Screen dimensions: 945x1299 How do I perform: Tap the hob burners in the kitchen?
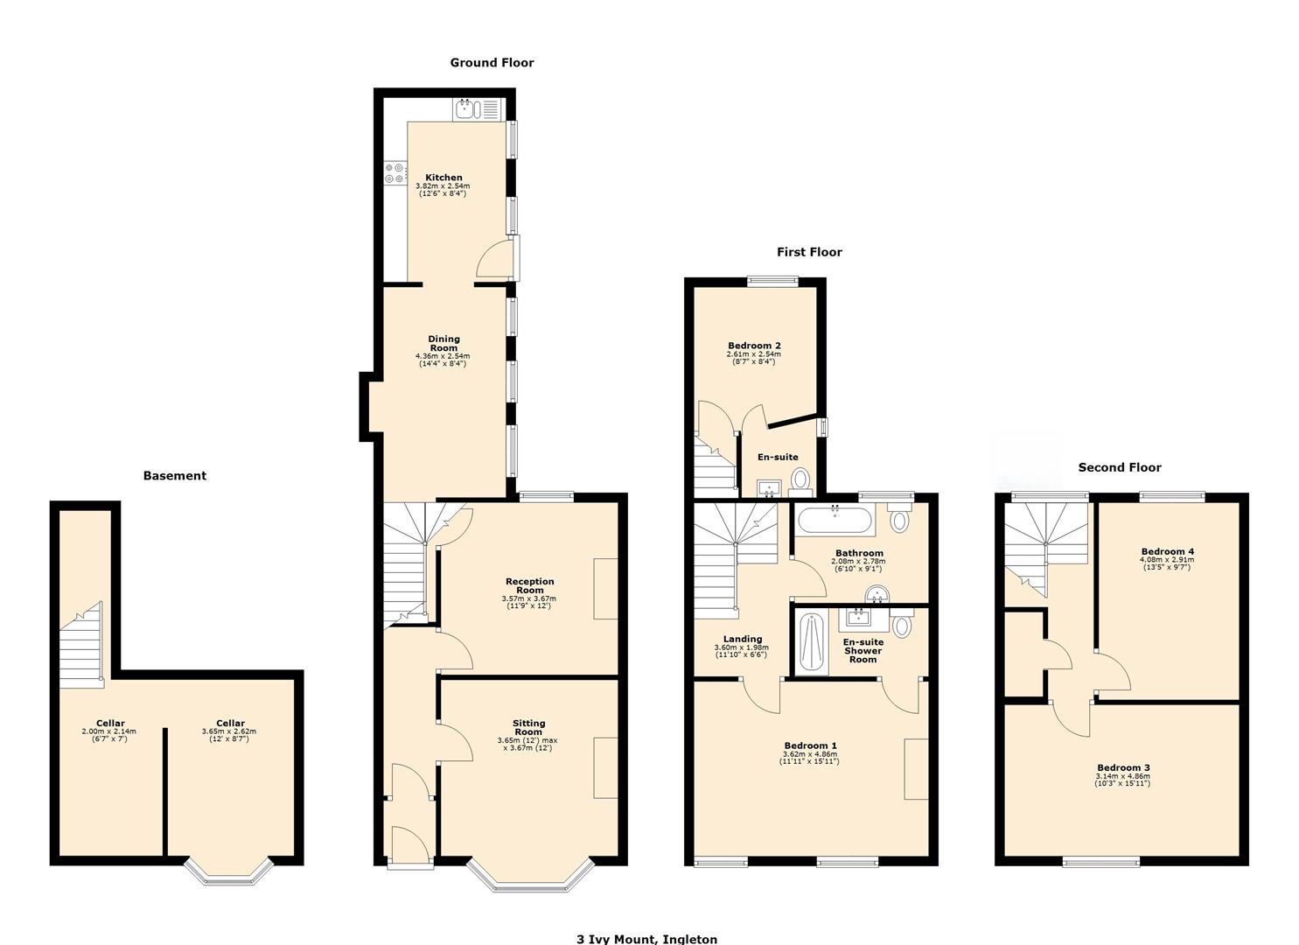[x=395, y=173]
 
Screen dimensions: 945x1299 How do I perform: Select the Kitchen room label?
[x=443, y=178]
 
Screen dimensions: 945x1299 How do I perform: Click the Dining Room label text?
[x=443, y=343]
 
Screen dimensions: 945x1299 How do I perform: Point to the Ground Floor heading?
[x=492, y=63]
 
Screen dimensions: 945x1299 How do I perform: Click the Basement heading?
[x=175, y=476]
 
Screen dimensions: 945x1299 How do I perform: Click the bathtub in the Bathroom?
[x=834, y=521]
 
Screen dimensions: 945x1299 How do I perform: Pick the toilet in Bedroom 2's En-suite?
[x=800, y=479]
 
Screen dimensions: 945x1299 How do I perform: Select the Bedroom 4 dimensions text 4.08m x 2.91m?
[x=1167, y=560]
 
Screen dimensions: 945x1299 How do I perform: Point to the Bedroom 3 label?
[x=1123, y=767]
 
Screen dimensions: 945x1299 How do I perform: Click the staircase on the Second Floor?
[x=1044, y=542]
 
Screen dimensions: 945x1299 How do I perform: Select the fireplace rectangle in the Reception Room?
[x=605, y=589]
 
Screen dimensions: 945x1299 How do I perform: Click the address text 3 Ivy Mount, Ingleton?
[x=646, y=939]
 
